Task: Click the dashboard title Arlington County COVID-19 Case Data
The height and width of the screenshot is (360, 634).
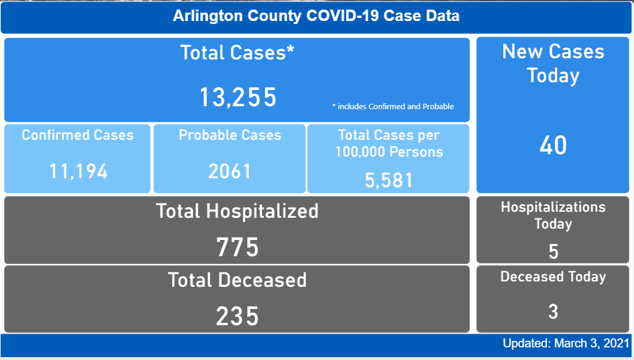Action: (x=316, y=16)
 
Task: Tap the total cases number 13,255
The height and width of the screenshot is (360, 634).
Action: (x=238, y=97)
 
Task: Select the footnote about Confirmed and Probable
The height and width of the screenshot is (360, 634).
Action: (x=393, y=107)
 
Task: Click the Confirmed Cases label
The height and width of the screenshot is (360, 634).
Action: (x=77, y=135)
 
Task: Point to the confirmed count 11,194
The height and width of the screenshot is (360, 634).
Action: (x=79, y=172)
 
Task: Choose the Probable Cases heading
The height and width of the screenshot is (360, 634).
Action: (x=230, y=135)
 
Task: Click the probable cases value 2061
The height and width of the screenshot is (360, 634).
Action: (x=230, y=172)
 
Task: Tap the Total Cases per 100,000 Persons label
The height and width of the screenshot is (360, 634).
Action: (x=389, y=143)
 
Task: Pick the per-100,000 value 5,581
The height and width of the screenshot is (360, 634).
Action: (x=389, y=179)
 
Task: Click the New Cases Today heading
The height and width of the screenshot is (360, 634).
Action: (x=553, y=64)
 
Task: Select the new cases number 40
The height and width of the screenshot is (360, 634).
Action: (x=553, y=146)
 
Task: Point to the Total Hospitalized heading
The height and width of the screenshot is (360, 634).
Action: (x=238, y=211)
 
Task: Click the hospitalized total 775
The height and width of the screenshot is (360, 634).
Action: (x=238, y=247)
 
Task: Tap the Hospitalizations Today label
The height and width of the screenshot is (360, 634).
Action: (x=553, y=215)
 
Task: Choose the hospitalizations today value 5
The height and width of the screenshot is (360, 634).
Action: (x=553, y=251)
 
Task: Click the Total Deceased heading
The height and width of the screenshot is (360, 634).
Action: (x=238, y=280)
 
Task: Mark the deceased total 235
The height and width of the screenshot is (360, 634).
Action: (x=238, y=316)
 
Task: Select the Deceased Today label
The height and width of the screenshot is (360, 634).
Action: (x=553, y=277)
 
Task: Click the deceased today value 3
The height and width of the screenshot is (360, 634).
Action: (x=553, y=312)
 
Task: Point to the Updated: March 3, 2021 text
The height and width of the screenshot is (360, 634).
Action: (x=566, y=344)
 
